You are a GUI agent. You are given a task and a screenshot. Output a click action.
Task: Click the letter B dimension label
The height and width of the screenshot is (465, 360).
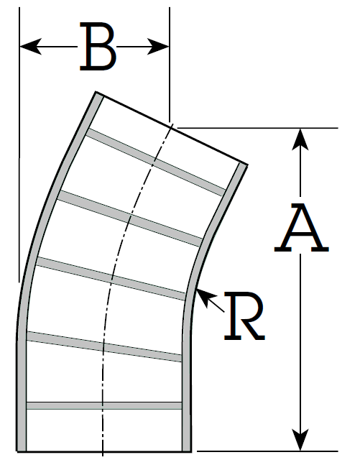(x=98, y=46)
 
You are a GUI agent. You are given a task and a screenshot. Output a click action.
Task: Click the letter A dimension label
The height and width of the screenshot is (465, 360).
(x=301, y=227)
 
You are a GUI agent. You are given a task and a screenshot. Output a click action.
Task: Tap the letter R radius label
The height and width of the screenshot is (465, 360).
(x=244, y=316)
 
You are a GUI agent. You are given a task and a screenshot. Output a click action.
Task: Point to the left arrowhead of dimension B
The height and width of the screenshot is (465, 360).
(x=31, y=47)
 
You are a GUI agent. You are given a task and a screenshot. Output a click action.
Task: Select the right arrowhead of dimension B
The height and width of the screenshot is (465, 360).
(x=158, y=47)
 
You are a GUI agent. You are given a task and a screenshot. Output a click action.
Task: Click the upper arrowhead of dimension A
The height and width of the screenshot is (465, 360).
(x=300, y=139)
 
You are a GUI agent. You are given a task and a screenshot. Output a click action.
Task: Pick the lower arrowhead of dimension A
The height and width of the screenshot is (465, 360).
(x=300, y=440)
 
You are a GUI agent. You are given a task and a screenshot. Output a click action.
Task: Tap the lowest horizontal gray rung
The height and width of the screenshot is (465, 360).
(x=104, y=405)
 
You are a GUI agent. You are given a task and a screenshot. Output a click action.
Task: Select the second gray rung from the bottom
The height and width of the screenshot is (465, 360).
(x=104, y=347)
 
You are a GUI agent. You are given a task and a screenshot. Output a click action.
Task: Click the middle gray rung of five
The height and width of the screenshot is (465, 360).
(x=111, y=279)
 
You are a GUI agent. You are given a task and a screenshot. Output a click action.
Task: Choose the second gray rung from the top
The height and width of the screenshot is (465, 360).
(x=131, y=219)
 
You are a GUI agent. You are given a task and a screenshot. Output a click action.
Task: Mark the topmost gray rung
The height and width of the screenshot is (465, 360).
(x=156, y=162)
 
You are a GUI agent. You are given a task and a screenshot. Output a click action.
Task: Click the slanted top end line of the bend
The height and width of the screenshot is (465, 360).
(x=172, y=128)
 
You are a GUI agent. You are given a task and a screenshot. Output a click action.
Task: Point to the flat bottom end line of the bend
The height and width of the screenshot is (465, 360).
(x=104, y=451)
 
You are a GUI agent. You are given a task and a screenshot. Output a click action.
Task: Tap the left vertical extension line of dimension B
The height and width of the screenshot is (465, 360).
(x=19, y=144)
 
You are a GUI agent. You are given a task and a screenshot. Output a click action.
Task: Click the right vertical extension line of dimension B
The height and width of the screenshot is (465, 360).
(x=170, y=65)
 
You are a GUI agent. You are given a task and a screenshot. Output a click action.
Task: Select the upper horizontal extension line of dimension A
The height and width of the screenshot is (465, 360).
(x=257, y=128)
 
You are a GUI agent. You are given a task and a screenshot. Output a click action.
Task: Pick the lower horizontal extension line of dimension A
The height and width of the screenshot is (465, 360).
(x=267, y=451)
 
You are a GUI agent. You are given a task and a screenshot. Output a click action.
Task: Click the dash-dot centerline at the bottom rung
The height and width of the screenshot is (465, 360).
(x=103, y=405)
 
